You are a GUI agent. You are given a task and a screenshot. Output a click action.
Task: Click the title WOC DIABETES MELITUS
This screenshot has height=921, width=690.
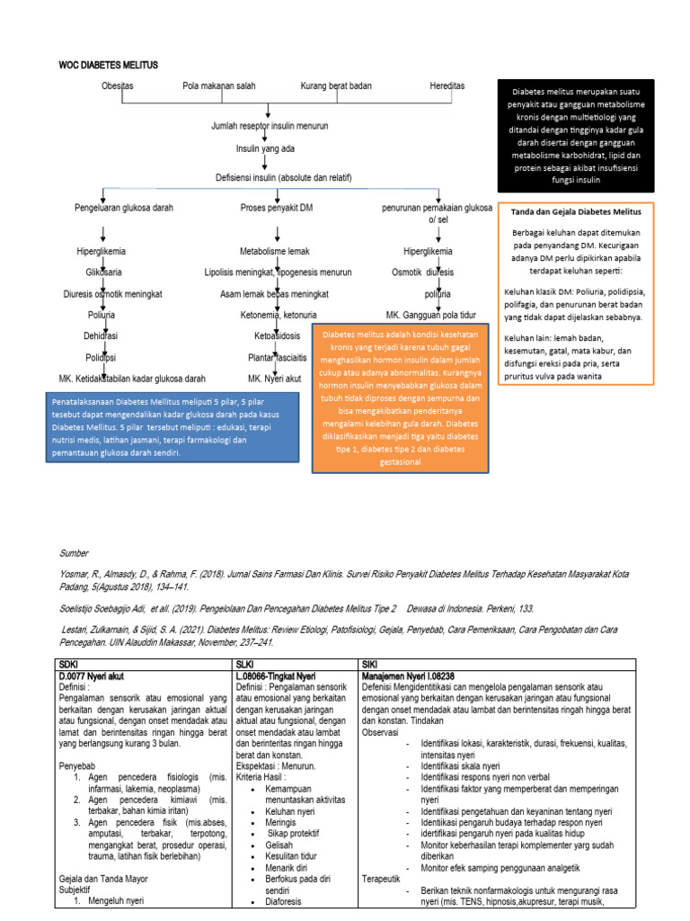pyautogui.click(x=108, y=66)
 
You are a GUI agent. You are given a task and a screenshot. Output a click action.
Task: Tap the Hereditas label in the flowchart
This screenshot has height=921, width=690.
pyautogui.click(x=447, y=86)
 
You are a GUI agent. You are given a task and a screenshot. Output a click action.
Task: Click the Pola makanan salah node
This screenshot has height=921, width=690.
pyautogui.click(x=219, y=86)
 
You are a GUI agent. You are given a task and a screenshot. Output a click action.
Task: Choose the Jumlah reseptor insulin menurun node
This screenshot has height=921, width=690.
pyautogui.click(x=270, y=127)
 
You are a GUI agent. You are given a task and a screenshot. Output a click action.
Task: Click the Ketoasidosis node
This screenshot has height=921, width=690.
pyautogui.click(x=277, y=335)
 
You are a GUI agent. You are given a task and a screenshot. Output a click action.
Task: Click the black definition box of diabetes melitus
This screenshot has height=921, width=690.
pyautogui.click(x=576, y=136)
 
